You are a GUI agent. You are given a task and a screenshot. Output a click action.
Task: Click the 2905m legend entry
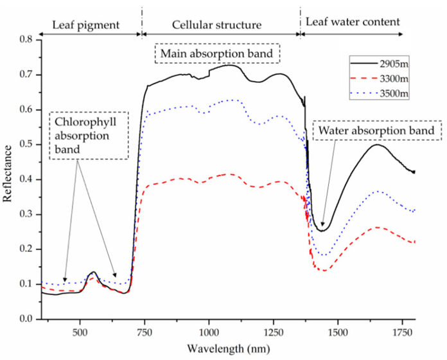tap(393, 65)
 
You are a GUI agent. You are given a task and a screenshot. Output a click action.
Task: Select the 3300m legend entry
tap(393, 79)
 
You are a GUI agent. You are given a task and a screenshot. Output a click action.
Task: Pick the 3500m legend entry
tap(393, 94)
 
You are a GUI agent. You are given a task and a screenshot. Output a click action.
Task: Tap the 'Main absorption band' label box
tap(218, 53)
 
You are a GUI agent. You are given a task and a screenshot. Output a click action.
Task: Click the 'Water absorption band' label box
tap(377, 132)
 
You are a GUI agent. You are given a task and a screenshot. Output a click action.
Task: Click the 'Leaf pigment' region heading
tap(85, 25)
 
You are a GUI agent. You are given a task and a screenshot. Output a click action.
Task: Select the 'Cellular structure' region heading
tap(216, 25)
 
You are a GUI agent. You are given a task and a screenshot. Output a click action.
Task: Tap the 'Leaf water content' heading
tap(353, 22)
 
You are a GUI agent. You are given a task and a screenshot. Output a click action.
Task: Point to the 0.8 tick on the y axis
tap(27, 40)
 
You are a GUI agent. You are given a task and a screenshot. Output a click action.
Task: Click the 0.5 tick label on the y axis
tap(27, 145)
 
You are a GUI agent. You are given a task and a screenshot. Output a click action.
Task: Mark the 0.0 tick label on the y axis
tap(27, 319)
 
